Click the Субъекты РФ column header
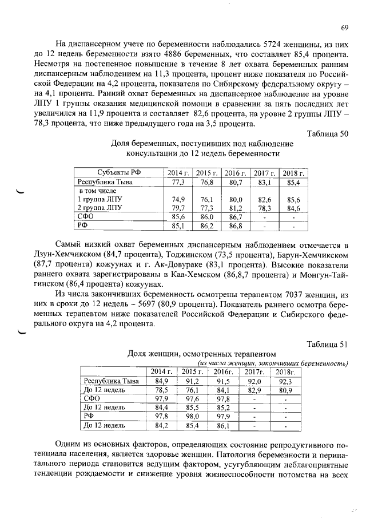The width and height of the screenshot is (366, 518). click(112, 173)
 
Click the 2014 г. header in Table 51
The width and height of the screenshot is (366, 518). click(161, 372)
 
